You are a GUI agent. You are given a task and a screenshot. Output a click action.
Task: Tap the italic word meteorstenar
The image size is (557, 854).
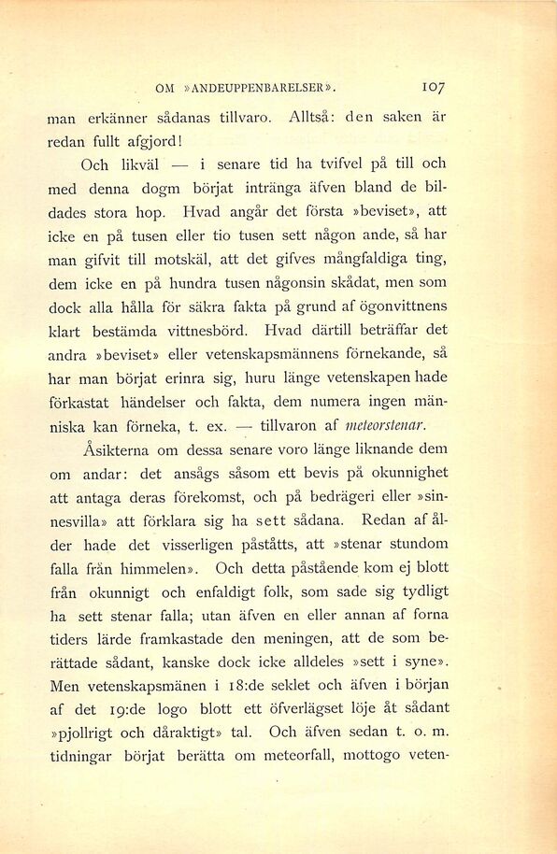pos(386,425)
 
